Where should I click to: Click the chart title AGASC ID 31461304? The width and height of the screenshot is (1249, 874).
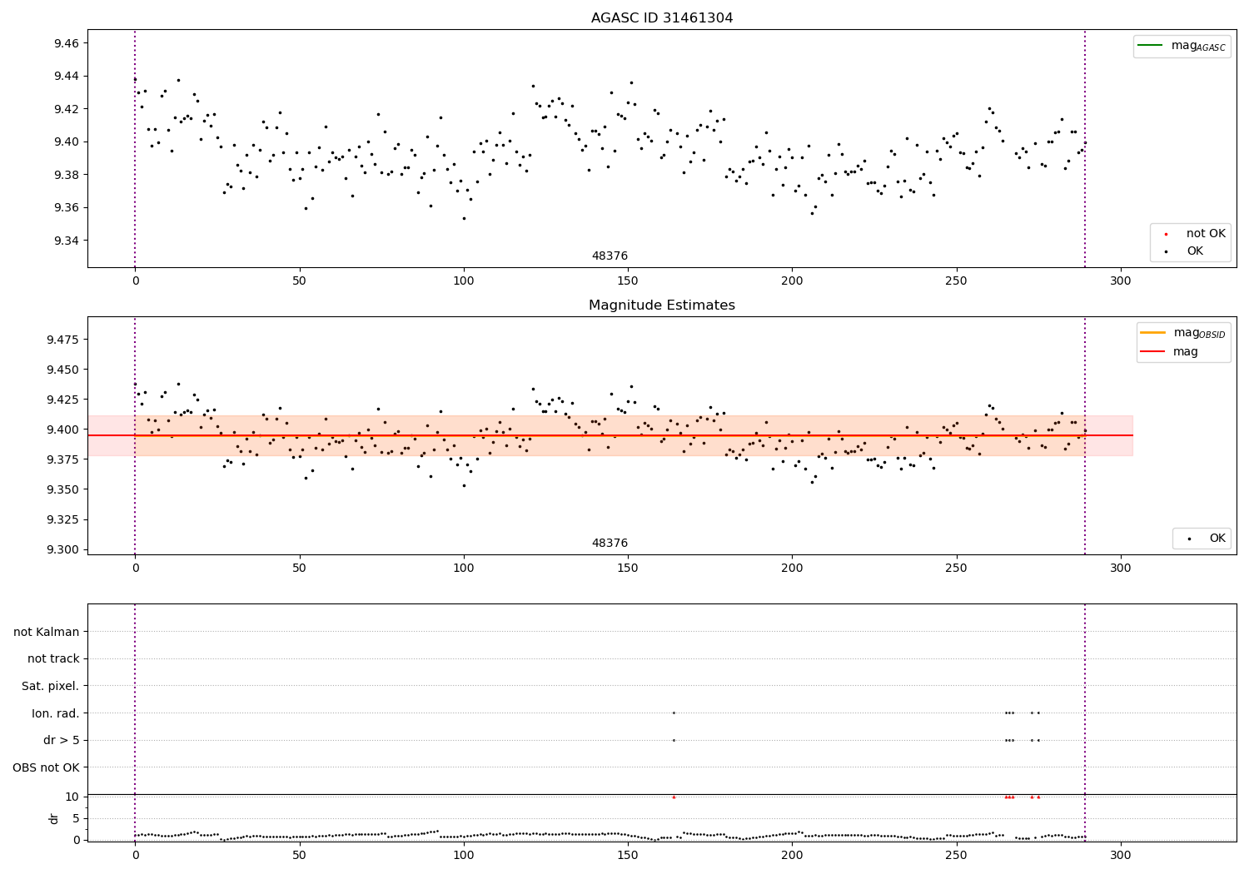pos(662,18)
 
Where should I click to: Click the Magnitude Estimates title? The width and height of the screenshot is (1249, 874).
pos(662,305)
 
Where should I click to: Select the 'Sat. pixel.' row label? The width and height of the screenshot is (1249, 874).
pos(50,686)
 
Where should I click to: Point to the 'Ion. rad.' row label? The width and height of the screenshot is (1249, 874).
pos(55,713)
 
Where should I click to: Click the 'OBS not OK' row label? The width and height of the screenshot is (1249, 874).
pos(46,767)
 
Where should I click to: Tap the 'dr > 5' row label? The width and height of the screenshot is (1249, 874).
pos(61,740)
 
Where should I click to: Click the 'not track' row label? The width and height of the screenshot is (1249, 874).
pos(53,658)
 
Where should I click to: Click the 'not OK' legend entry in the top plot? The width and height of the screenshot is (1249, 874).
pos(1206,234)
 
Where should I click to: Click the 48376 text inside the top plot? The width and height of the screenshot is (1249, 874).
pos(610,256)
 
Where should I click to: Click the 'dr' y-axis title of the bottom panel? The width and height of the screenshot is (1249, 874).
pos(54,818)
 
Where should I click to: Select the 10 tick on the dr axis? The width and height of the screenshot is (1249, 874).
pos(72,797)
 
